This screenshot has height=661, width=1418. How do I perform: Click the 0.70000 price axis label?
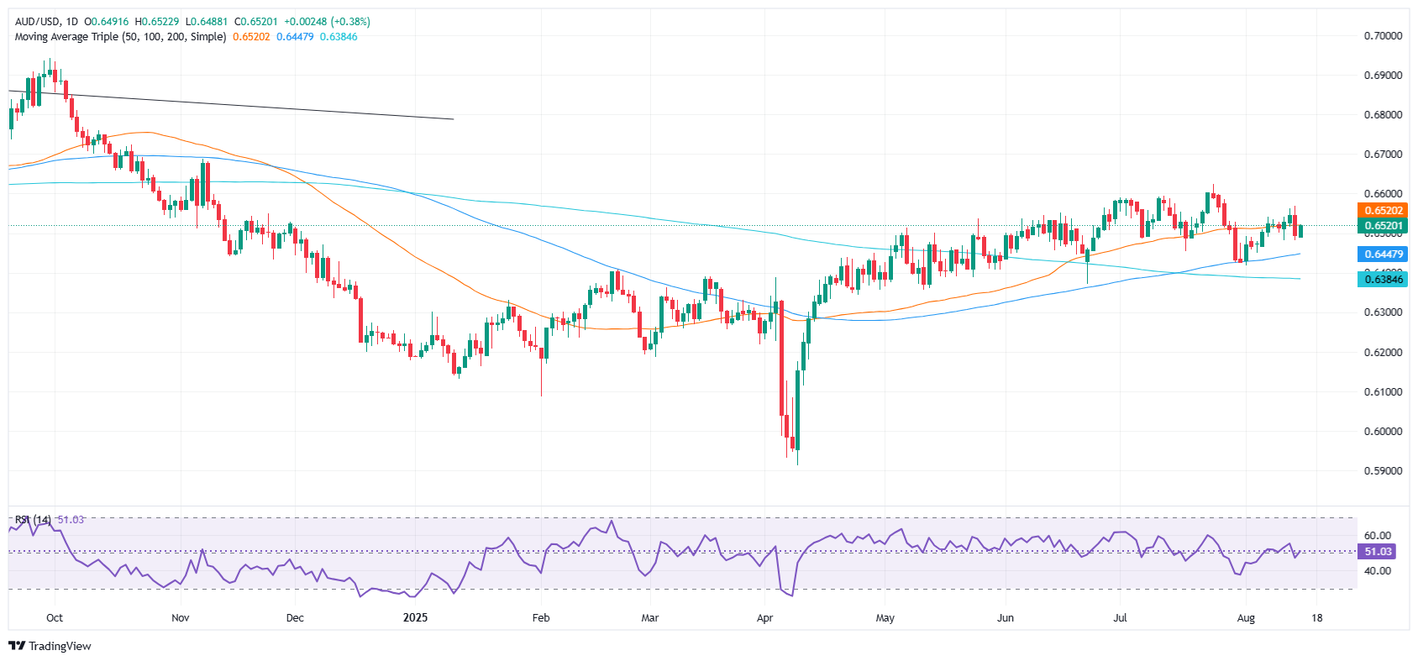tap(1383, 36)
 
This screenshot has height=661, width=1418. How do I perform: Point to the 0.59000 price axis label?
tap(1383, 471)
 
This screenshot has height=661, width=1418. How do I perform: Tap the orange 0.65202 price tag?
tap(1383, 211)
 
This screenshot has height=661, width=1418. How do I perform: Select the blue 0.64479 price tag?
tap(1383, 254)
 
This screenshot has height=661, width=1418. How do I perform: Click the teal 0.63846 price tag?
tap(1383, 280)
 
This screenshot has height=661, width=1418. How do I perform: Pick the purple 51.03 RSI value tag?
tap(1378, 552)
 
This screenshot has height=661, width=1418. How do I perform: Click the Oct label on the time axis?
tap(55, 618)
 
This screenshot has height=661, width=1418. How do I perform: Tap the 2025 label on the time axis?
tap(415, 618)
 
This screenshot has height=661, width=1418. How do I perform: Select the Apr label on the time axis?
tap(764, 618)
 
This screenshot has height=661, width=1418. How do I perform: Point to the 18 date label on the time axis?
tap(1317, 618)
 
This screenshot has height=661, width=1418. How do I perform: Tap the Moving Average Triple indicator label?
tap(120, 37)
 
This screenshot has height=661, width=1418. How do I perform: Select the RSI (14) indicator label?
tap(33, 520)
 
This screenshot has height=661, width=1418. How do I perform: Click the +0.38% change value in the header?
tap(352, 22)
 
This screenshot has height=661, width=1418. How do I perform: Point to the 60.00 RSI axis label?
tap(1378, 536)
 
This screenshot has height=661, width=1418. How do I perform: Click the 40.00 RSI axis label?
tap(1378, 571)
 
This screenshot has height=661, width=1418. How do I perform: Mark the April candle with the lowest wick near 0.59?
tap(796, 458)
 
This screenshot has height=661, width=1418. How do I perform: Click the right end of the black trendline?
tap(454, 119)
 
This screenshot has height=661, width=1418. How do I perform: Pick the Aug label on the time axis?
tap(1246, 618)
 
